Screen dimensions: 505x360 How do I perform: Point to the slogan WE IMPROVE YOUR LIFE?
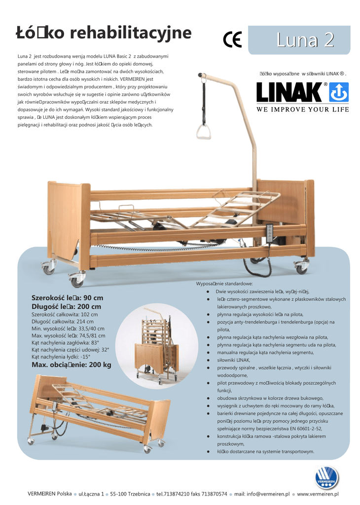tap(302, 109)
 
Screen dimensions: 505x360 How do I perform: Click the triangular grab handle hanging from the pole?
tap(203, 131)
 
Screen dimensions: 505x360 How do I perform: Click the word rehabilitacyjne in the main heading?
tap(131, 33)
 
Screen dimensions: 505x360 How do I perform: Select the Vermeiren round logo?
tap(327, 476)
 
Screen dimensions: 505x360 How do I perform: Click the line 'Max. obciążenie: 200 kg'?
tap(72, 364)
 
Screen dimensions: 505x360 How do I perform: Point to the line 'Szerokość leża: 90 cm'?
tap(67, 298)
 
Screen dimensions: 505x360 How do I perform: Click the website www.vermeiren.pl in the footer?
tap(318, 494)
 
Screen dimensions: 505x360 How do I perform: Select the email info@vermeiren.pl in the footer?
tap(262, 494)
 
